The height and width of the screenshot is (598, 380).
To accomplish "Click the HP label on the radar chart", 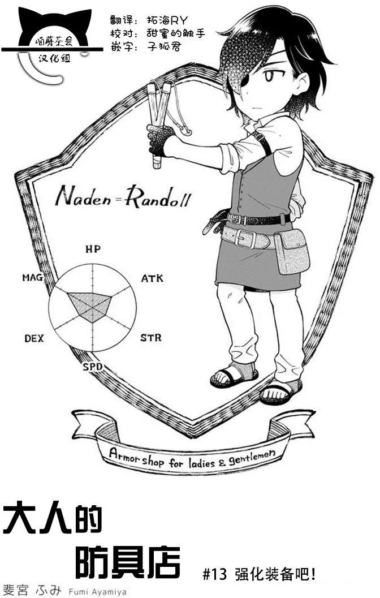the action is tap(93, 249).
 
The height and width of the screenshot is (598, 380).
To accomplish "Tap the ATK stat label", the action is tap(152, 278).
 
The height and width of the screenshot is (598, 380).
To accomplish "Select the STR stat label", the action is tap(151, 338).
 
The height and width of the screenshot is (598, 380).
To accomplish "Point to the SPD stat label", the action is tap(93, 367).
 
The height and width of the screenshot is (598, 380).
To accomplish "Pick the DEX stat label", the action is tap(34, 338).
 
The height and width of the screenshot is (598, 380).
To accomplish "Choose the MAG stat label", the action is tap(32, 277).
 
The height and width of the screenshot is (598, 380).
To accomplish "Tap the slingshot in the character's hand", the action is tap(164, 122).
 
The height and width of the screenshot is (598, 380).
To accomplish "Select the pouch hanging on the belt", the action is tap(292, 251).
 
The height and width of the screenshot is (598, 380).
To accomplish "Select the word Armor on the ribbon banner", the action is tap(123, 455).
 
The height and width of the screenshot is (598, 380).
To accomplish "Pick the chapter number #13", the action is tap(214, 574).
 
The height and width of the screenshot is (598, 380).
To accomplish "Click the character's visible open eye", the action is tap(269, 76).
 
